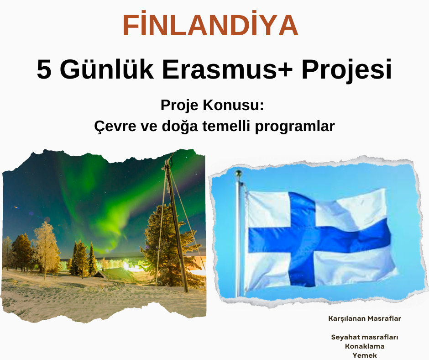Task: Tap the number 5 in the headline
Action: tap(44, 69)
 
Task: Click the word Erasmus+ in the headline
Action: tap(227, 69)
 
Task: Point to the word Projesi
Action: tap(347, 71)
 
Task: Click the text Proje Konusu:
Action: tap(212, 105)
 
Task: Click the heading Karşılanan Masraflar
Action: tap(365, 318)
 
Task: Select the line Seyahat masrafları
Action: tap(365, 337)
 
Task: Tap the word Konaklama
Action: tap(365, 346)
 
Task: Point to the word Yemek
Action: tap(365, 355)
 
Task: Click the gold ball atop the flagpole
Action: tap(239, 173)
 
